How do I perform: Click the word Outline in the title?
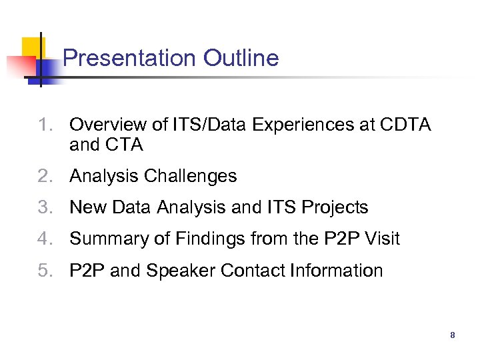tap(241, 59)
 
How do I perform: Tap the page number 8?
tap(453, 335)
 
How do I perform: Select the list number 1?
tap(45, 125)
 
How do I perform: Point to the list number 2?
tap(45, 177)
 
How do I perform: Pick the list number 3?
tap(45, 208)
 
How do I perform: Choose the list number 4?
tap(45, 239)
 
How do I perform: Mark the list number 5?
tap(45, 271)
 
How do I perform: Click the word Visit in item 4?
tap(381, 239)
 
